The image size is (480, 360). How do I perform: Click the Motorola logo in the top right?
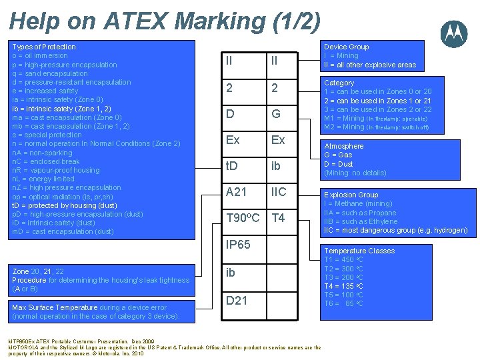coord(454,33)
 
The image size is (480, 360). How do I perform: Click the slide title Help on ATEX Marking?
coord(165,21)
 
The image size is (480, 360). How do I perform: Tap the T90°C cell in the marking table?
coord(243,218)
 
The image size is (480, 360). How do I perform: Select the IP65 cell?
coord(238,245)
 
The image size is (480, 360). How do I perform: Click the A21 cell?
coord(236,192)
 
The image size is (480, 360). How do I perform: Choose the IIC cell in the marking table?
coord(279,192)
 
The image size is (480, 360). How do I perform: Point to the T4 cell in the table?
coord(278,218)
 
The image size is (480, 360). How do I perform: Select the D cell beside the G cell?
coord(230,114)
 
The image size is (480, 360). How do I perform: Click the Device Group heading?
coord(346,47)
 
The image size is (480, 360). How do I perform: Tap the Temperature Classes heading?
coord(359,251)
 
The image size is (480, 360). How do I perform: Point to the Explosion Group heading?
coord(351,195)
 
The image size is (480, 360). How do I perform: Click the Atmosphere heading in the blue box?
coord(343,146)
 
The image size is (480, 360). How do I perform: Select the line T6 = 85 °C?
coord(343,303)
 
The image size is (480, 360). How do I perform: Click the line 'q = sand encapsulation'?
coord(50,73)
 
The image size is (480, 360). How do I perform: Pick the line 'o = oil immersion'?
coord(40,55)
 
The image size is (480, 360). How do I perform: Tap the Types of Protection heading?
coord(44,47)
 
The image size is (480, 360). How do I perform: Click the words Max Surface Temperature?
coord(55,307)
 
